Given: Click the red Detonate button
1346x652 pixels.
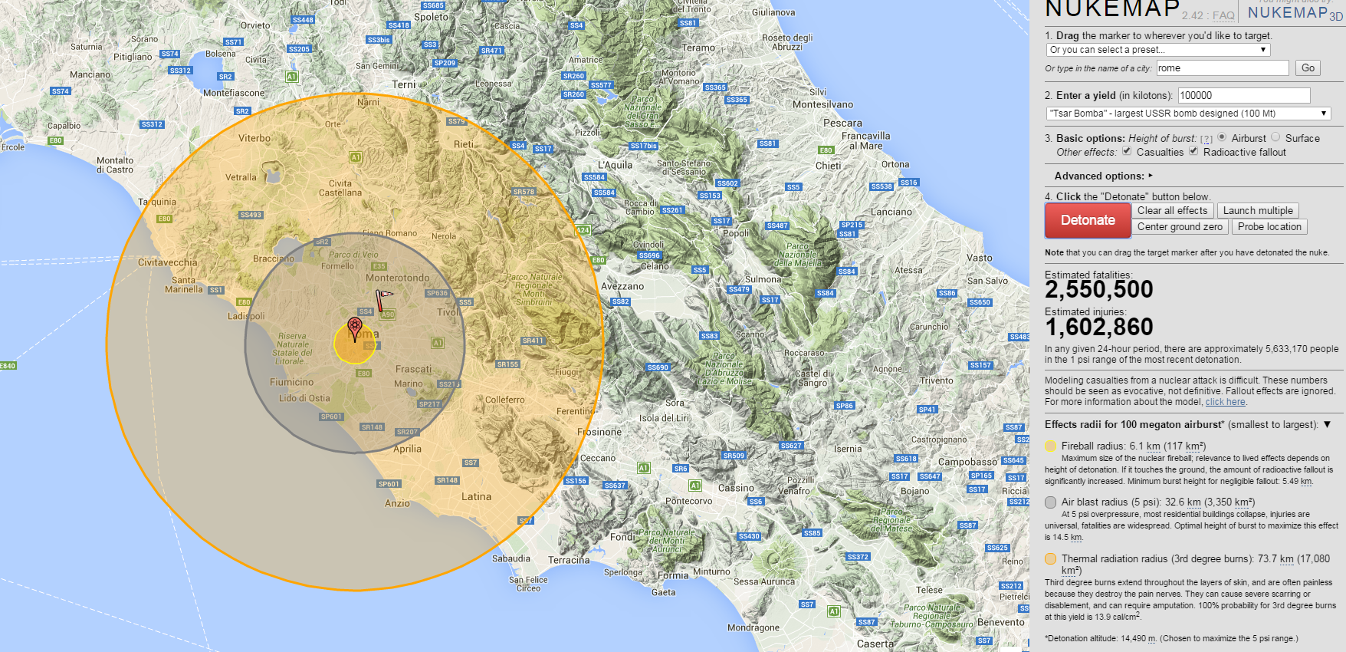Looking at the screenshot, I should coord(1088,220).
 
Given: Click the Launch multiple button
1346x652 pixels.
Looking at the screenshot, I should coord(1258,210).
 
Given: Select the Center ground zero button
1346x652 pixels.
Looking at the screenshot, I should coord(1180,226).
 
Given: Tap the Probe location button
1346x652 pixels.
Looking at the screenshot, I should coord(1269,226).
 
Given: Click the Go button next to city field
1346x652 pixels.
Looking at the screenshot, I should coord(1308,68).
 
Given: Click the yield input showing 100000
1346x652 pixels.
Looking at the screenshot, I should coord(1243,95).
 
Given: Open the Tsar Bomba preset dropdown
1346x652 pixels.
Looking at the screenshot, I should coord(1188,114).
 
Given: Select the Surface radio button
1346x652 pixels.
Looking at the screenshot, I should coord(1275,137).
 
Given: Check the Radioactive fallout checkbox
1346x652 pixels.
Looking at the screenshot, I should coord(1193,151).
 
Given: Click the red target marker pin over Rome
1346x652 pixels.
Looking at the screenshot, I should coord(354,327).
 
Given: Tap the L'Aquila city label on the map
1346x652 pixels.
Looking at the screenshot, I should coord(616,165).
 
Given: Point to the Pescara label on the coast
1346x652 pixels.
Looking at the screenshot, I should coord(842,123).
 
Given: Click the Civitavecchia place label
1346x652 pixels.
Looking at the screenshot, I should coord(167,262).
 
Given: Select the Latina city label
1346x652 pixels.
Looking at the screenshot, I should coord(476,496).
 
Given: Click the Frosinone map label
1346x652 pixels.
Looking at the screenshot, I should coord(599,432).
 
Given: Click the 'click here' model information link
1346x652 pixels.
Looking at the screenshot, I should coord(1225,402).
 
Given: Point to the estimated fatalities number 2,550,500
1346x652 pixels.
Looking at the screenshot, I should coord(1098,290).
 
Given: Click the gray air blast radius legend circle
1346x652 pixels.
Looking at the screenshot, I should coord(1050,502).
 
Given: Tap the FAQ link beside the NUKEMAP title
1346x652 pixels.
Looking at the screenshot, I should coord(1223,15).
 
